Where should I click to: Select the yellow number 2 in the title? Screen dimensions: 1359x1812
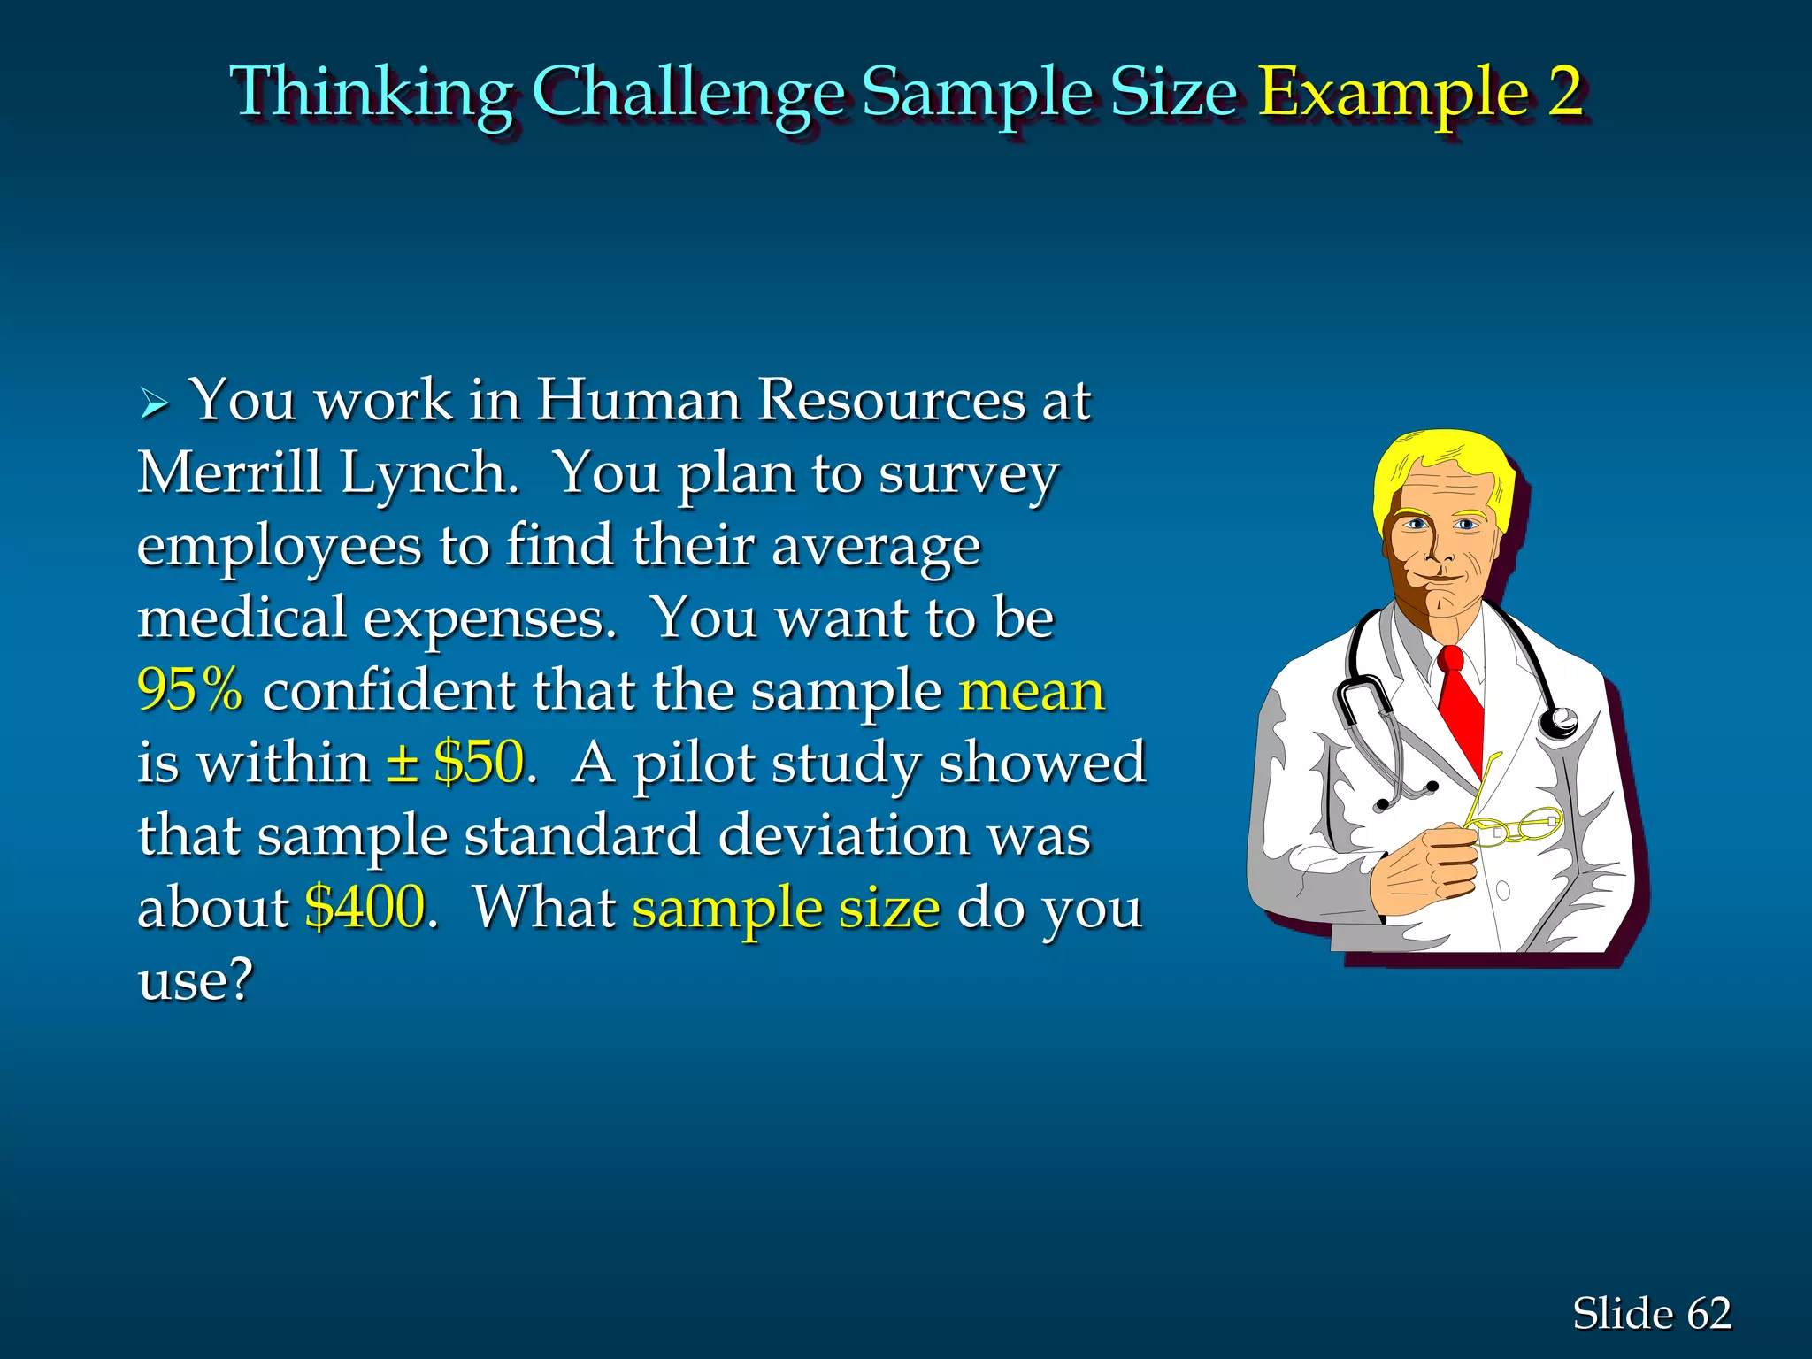(1565, 91)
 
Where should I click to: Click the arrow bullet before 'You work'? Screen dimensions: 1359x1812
(154, 404)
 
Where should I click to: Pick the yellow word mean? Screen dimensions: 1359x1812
(1032, 691)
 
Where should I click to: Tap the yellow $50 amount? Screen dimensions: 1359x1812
(479, 762)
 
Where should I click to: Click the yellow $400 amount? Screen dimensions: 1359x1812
(365, 907)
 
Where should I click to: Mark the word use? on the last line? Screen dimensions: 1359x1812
(196, 979)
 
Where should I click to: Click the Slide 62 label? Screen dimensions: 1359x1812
(1651, 1313)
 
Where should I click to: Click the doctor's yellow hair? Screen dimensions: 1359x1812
(1442, 460)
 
